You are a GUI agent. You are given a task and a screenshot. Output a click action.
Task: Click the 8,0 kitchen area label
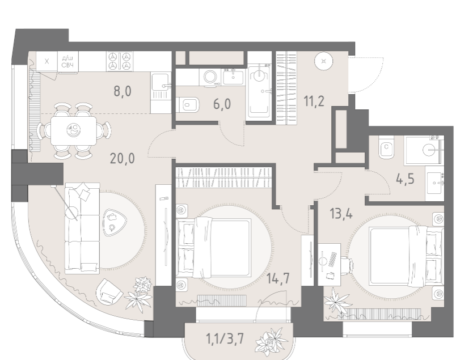(x=123, y=91)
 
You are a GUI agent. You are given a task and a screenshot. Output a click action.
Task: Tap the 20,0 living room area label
(x=122, y=158)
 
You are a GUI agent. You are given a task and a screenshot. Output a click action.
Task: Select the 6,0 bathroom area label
(x=222, y=104)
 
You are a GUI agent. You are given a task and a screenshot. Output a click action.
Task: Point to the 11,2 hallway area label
(x=314, y=101)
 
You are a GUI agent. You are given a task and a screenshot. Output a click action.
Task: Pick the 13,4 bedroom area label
(x=341, y=214)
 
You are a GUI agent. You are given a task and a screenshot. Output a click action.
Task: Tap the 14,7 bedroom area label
(x=278, y=278)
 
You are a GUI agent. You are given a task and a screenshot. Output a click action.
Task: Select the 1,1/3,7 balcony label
(x=225, y=339)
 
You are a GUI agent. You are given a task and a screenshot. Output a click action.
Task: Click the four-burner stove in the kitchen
(x=120, y=61)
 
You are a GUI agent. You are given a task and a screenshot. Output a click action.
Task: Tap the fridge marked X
(x=47, y=61)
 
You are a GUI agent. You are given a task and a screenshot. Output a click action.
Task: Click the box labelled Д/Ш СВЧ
(x=68, y=61)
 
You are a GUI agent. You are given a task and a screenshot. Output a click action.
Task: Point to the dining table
(x=74, y=130)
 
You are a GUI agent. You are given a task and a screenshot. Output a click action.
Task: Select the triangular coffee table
(x=112, y=222)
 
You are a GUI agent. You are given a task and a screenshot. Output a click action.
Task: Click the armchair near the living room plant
(x=109, y=291)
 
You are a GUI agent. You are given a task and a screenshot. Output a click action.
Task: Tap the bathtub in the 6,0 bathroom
(x=259, y=92)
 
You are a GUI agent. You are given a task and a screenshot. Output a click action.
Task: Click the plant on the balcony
(x=271, y=342)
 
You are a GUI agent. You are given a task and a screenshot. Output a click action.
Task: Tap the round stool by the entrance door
(x=324, y=61)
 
